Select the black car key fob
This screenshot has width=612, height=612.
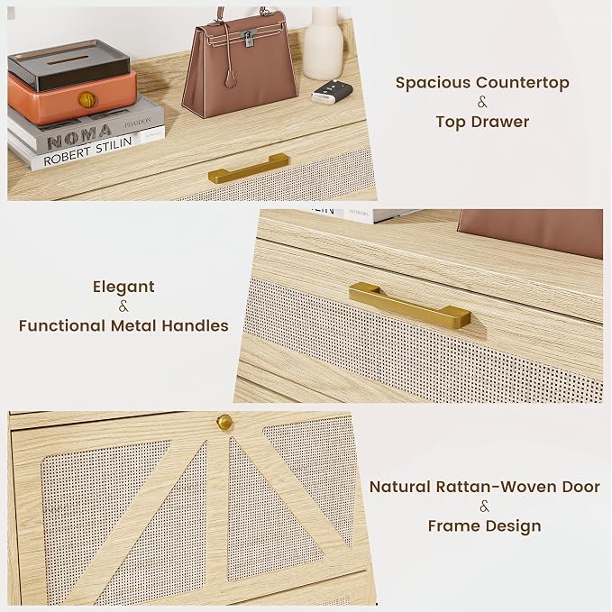[330, 93]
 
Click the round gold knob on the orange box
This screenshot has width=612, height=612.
[87, 100]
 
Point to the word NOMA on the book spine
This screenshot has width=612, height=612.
[79, 135]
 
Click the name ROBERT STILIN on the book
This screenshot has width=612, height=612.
[87, 151]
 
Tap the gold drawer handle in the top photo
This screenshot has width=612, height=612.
[249, 169]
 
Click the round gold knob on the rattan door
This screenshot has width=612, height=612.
[224, 423]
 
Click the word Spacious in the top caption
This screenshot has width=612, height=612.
[434, 83]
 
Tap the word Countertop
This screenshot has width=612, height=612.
[523, 82]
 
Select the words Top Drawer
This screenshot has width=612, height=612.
[482, 122]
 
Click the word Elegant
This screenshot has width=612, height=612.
[123, 288]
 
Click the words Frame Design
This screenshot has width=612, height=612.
[484, 525]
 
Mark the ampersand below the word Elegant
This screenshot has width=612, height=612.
[123, 306]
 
